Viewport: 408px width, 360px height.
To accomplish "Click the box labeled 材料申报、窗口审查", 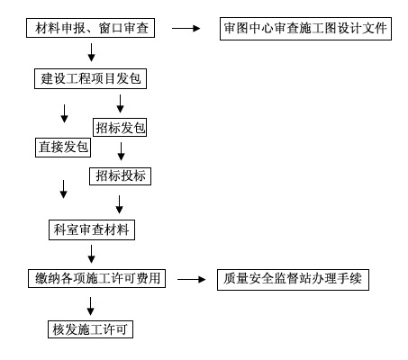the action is coord(90,28).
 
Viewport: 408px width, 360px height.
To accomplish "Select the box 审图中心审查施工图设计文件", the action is coord(305,29).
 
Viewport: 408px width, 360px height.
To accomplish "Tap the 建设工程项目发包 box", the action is coord(90,79).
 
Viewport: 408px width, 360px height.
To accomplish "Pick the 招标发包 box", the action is coord(120,128).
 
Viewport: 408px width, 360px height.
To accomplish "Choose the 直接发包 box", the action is coord(63,148).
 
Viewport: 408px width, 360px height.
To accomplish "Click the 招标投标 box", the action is coord(120,176).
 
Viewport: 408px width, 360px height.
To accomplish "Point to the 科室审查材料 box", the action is coord(92,230).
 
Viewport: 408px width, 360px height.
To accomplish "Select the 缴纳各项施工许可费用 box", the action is coord(96,279).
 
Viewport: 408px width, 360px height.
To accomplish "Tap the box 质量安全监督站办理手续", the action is coord(293,280).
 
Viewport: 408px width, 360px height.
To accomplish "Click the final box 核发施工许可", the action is coord(90,329).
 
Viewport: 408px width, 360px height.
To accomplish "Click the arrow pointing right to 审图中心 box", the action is coord(186,28).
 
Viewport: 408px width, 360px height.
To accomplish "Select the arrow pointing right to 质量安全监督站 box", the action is coord(192,280).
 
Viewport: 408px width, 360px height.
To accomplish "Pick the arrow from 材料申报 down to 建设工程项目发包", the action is coord(91,52).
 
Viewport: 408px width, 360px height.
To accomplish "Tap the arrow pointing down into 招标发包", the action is coord(120,103).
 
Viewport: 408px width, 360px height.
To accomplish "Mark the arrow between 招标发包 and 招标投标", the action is coord(121,151).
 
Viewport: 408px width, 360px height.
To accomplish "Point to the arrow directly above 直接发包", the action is coord(64,113).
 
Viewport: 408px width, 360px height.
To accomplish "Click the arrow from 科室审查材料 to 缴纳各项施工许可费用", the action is coord(91,254).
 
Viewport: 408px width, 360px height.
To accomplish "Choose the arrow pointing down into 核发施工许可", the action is coord(90,306).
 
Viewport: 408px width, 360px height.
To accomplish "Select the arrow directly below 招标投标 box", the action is coord(119,204).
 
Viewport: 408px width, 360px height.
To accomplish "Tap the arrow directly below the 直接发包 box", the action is coord(63,189).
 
